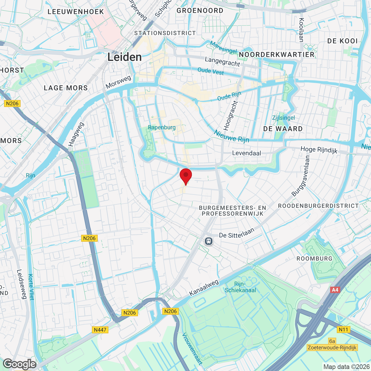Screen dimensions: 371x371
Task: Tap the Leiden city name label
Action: click(125, 57)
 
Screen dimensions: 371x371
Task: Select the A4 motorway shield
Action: click(335, 290)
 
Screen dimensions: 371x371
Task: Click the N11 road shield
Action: click(343, 330)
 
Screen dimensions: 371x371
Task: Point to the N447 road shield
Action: click(100, 330)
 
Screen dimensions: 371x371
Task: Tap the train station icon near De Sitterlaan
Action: click(208, 241)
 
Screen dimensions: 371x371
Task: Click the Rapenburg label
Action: click(162, 127)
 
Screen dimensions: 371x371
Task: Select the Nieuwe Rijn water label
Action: click(232, 136)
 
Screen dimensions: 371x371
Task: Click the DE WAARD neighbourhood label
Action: click(283, 129)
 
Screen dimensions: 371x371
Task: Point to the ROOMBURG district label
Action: click(314, 259)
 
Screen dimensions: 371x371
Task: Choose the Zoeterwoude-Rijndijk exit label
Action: click(332, 348)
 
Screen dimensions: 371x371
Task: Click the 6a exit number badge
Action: click(332, 341)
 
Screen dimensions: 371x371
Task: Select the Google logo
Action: click(20, 364)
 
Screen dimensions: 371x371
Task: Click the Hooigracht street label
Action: click(231, 115)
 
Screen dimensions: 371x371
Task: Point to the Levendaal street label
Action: click(247, 153)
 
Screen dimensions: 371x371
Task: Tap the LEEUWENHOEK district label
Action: click(76, 12)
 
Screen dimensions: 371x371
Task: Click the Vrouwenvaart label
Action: click(192, 349)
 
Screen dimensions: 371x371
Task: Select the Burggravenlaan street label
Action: click(301, 176)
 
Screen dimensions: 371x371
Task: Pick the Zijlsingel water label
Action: click(283, 118)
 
